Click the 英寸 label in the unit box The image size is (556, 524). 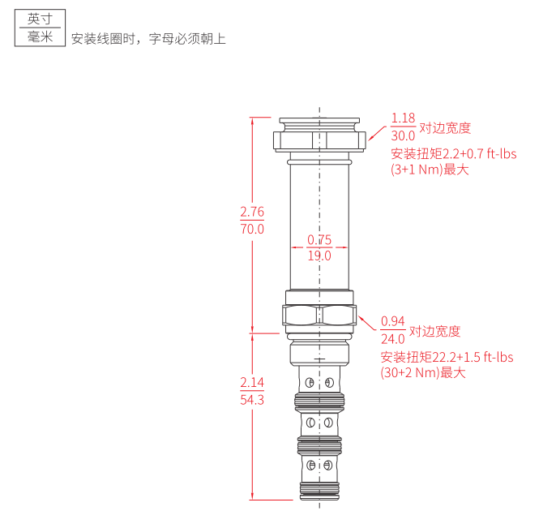point(40,19)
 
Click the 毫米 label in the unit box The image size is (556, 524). point(40,37)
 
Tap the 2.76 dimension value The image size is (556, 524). point(252,212)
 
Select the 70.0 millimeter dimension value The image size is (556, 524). point(252,229)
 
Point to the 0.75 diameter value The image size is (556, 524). point(319,240)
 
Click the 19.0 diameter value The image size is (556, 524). point(319,256)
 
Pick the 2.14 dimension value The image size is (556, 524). point(252,382)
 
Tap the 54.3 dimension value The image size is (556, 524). point(252,400)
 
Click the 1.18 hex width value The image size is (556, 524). point(403,118)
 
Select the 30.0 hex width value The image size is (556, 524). point(403,135)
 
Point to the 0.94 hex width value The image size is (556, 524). point(393,321)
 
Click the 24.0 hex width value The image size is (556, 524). point(393,339)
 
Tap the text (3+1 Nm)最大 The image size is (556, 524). point(430,170)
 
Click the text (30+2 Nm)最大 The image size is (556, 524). point(423,373)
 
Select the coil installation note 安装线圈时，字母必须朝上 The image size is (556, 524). point(148,39)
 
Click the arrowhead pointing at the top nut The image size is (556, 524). point(371,136)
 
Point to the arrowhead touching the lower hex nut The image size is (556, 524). point(361,320)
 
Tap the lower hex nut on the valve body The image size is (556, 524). point(319,315)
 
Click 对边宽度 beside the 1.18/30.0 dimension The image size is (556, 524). point(445,127)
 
